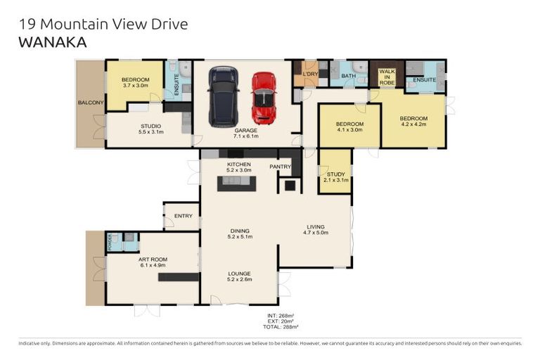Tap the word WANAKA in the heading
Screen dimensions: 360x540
click(52, 42)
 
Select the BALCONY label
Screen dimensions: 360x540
click(91, 103)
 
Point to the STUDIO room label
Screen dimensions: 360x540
click(150, 126)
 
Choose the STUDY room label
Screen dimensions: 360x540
click(335, 174)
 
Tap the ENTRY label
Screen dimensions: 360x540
click(183, 216)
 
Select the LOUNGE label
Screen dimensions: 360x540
click(239, 274)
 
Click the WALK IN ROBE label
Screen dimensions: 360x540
click(387, 77)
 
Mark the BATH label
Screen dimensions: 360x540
click(348, 76)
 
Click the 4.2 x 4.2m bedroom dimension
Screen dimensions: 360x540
click(413, 124)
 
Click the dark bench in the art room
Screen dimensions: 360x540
click(179, 277)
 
